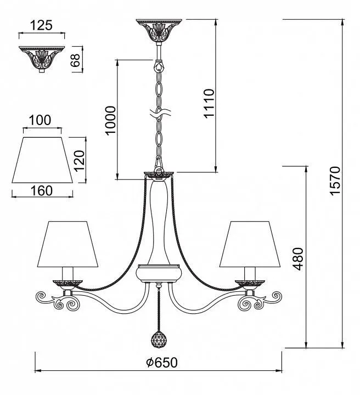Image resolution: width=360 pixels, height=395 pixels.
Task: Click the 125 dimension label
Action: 41,25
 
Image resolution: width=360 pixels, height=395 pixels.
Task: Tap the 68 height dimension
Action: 75,60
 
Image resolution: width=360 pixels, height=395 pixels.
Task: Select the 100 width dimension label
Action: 40,120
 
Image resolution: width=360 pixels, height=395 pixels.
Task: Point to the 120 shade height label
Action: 80,160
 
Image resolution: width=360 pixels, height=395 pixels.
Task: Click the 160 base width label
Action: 42,191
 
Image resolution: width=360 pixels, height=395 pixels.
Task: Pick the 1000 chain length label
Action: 111,121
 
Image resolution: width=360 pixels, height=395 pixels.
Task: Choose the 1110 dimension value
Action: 209,103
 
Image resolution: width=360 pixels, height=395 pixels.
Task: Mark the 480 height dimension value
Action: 299,259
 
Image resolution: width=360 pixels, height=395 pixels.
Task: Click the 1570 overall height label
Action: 335,180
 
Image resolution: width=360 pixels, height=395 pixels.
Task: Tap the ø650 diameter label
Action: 162,363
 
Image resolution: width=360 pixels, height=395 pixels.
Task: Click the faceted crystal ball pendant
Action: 158,338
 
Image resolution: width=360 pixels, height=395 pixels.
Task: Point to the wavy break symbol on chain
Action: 160,113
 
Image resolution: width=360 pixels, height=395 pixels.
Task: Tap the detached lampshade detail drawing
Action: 42,160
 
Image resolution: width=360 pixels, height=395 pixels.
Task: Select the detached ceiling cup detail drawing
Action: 42,59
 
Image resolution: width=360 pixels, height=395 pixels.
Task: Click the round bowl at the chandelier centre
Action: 158,273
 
